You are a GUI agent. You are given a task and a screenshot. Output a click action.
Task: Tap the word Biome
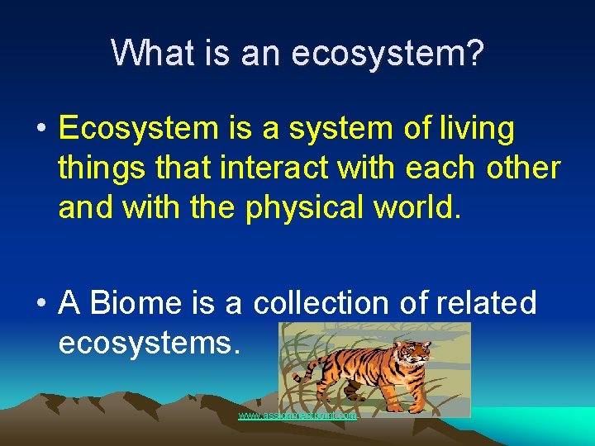[x=133, y=303]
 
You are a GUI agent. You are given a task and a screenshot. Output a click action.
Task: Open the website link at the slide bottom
[x=297, y=415]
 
